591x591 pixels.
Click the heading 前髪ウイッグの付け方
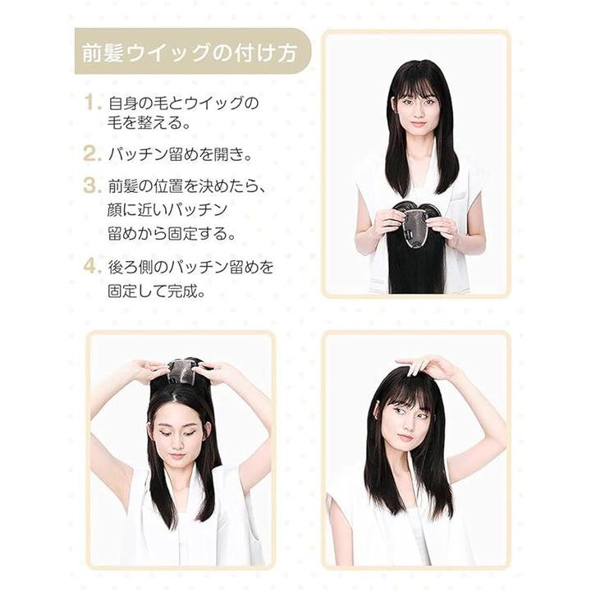click(x=190, y=53)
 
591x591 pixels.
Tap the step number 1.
click(x=93, y=103)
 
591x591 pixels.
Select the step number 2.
click(x=93, y=153)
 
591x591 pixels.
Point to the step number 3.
click(x=93, y=186)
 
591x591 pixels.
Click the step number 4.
click(x=93, y=266)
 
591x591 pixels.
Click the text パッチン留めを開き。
click(x=180, y=154)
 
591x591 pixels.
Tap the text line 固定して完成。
click(x=157, y=291)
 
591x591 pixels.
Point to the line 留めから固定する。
click(x=172, y=233)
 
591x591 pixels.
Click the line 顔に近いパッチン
click(x=167, y=209)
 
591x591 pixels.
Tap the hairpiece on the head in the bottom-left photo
click(x=182, y=373)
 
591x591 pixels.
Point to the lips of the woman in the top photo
click(x=418, y=123)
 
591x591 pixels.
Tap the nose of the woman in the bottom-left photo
click(x=177, y=445)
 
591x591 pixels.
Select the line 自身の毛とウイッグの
click(x=183, y=103)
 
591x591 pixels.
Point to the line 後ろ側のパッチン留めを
click(x=190, y=267)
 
